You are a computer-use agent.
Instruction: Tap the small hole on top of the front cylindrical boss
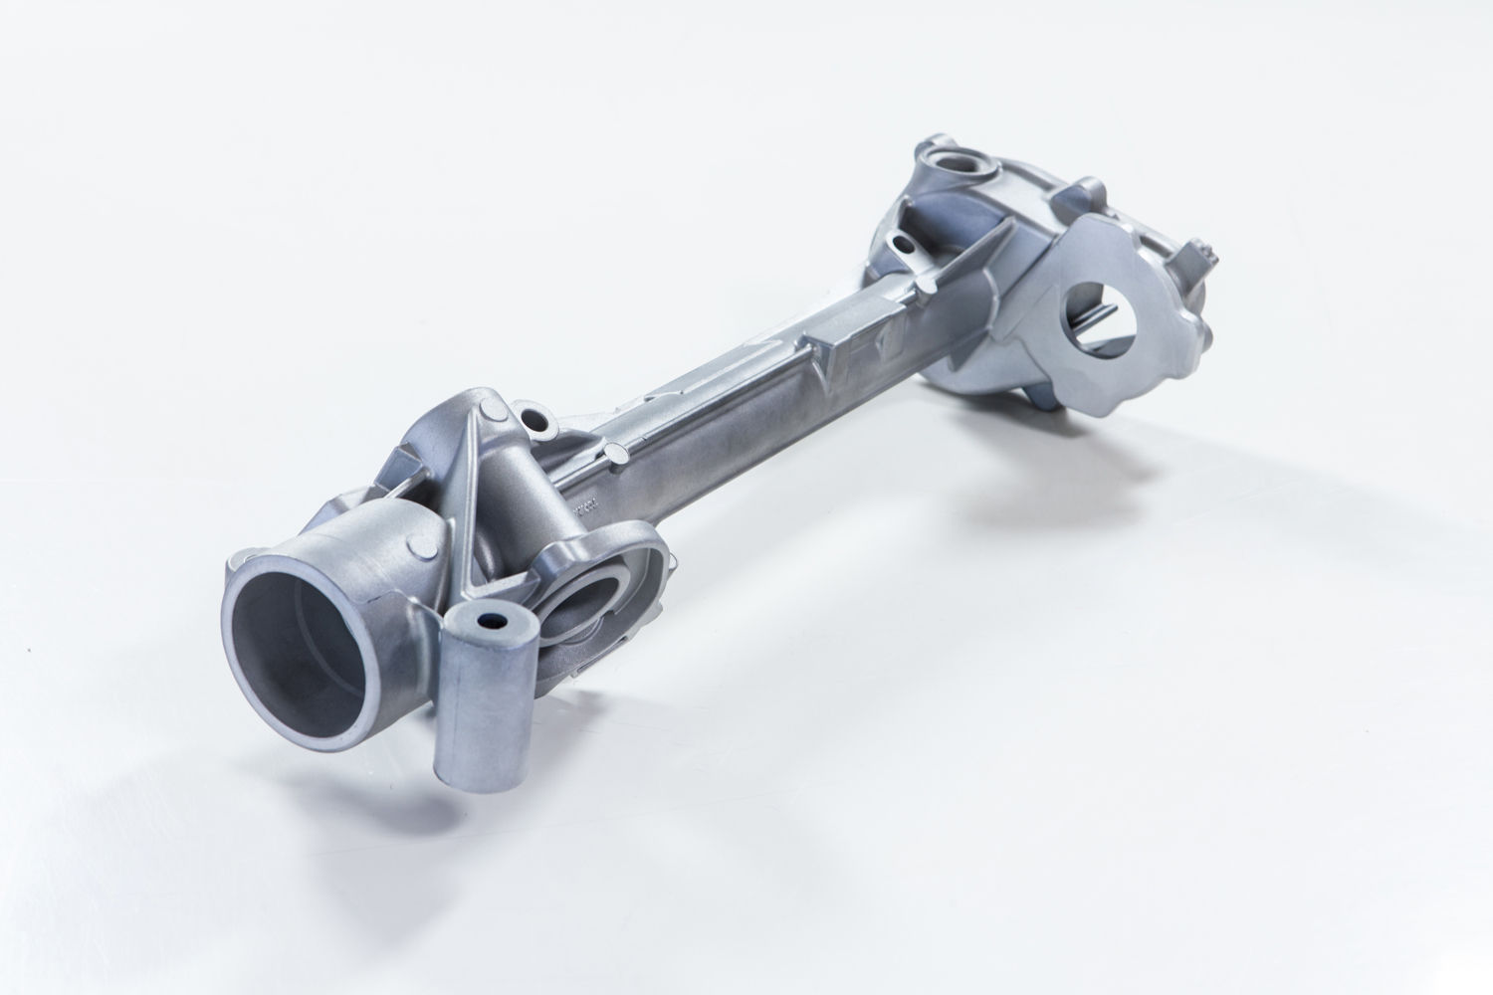[490, 621]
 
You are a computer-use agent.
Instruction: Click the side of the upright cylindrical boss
[478, 716]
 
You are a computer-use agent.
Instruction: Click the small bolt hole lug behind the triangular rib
[531, 418]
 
